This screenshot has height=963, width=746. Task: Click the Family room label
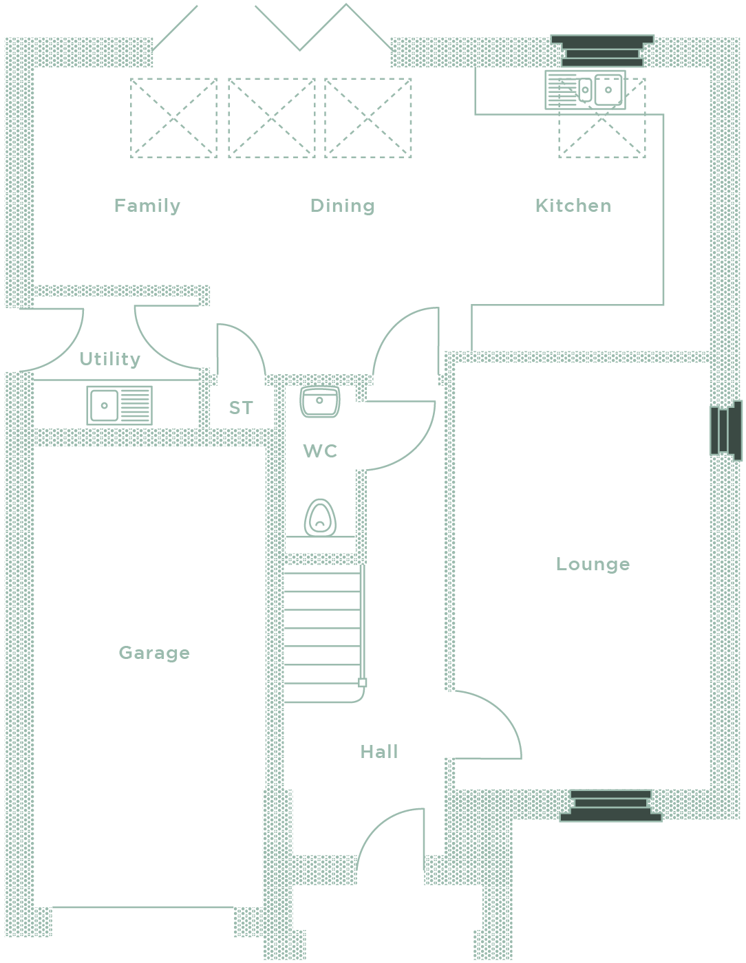point(147,206)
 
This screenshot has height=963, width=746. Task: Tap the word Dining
point(342,206)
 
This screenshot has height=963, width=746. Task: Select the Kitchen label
point(573,206)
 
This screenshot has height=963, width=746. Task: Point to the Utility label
point(110,359)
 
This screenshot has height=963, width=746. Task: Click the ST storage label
point(241,408)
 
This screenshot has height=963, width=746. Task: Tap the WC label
point(320,451)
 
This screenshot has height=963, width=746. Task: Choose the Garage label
point(154,653)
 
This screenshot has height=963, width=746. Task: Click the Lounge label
point(593,565)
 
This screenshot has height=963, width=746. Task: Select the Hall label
point(379,752)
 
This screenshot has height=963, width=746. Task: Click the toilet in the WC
point(320,517)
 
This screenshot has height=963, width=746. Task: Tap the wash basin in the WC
point(320,402)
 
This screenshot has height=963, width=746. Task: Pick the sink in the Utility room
point(119,406)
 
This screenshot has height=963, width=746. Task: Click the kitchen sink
point(585,90)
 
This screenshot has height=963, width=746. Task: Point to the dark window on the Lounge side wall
point(726,431)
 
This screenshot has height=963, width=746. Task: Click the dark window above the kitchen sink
point(602,50)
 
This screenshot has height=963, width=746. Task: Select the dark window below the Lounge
point(611,805)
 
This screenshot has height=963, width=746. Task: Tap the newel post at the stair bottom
point(362,682)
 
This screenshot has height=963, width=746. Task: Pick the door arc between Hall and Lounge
point(488,724)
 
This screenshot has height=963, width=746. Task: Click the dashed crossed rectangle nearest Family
point(173,118)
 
